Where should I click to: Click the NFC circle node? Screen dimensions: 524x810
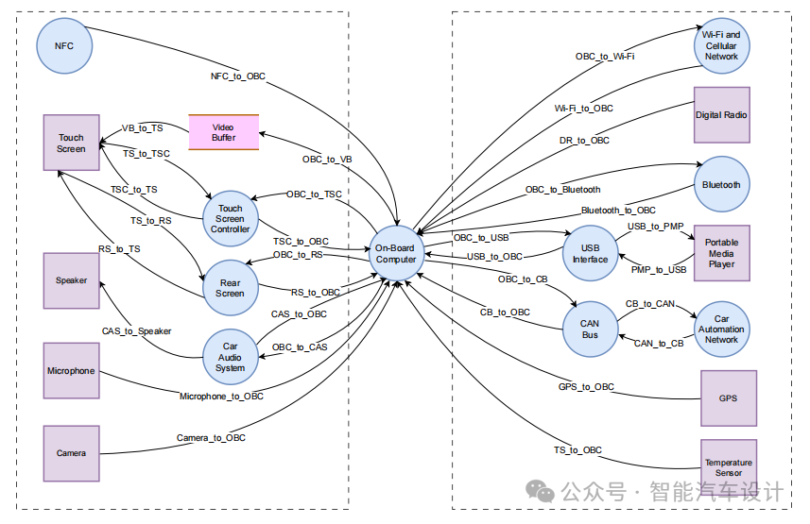(63, 45)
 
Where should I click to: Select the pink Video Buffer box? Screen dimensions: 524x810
(223, 132)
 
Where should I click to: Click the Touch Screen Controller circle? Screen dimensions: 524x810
(231, 218)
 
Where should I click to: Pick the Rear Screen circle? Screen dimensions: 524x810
(231, 288)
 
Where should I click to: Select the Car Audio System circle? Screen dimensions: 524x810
(231, 357)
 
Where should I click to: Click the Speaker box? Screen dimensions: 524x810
(71, 280)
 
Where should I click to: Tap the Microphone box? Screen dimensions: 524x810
(71, 371)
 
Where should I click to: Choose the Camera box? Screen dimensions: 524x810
(71, 453)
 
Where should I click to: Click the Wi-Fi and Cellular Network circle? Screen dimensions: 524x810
(721, 45)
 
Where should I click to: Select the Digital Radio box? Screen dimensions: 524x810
(721, 115)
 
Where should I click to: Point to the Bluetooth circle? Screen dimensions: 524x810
(721, 185)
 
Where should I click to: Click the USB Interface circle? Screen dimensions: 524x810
(590, 254)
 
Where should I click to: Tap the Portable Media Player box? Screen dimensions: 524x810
(721, 253)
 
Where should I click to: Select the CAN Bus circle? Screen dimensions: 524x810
(590, 329)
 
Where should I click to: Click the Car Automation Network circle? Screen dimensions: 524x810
(721, 329)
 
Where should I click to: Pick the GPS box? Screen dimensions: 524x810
(728, 398)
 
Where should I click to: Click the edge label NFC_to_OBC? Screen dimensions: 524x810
(237, 76)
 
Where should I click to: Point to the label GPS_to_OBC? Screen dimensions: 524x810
(586, 387)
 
